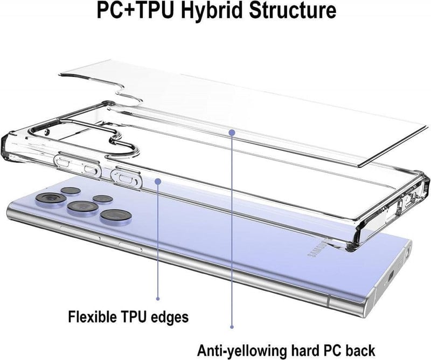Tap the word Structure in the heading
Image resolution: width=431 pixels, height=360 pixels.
(292, 10)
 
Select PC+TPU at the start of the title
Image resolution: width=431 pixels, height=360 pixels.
(136, 10)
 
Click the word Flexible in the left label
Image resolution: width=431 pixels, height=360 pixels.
(92, 316)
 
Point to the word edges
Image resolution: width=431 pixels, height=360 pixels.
(170, 317)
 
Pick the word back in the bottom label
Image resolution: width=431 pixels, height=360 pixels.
(360, 350)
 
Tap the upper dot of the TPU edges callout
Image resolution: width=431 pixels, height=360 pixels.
(158, 181)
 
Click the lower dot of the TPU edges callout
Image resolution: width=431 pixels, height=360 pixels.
(158, 299)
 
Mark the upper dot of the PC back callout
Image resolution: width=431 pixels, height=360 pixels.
(232, 133)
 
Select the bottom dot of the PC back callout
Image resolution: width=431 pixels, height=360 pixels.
(232, 327)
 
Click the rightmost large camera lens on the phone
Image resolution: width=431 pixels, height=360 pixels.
(115, 216)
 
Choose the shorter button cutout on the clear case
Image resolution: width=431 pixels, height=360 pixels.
(126, 177)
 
